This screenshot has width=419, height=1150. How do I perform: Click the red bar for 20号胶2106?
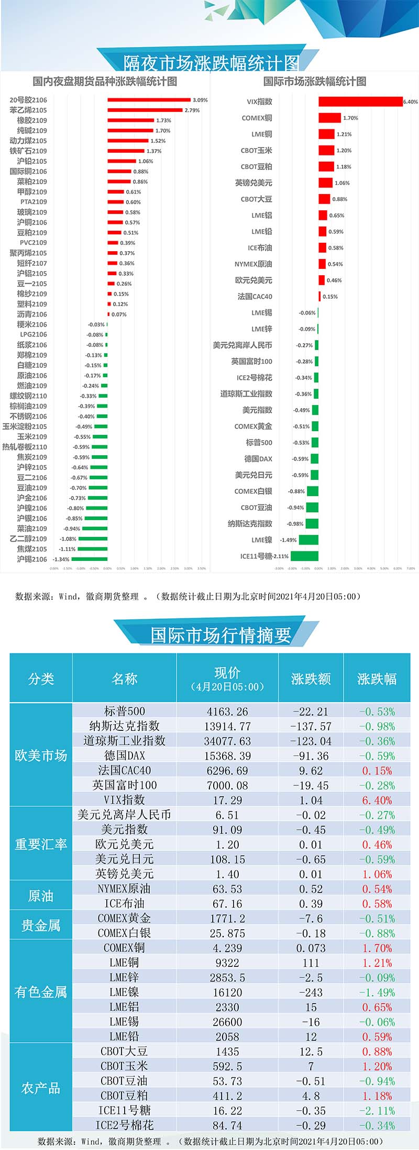pyautogui.click(x=149, y=100)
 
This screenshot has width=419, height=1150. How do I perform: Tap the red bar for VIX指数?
pyautogui.click(x=360, y=102)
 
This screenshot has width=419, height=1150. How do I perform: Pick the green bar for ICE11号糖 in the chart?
pyautogui.click(x=304, y=556)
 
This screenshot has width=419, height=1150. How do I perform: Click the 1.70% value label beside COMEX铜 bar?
pyautogui.click(x=350, y=118)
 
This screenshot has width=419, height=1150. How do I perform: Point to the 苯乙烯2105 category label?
pyautogui.click(x=28, y=110)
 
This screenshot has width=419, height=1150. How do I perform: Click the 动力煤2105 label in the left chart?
pyautogui.click(x=28, y=141)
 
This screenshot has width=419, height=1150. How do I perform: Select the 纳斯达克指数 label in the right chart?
pyautogui.click(x=250, y=524)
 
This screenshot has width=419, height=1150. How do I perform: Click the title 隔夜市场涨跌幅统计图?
pyautogui.click(x=211, y=63)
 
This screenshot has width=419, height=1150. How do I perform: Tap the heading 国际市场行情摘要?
pyautogui.click(x=220, y=635)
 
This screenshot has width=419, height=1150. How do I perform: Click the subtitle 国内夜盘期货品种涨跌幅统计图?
pyautogui.click(x=105, y=82)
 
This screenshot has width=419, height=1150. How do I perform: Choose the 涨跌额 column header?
pyautogui.click(x=311, y=679)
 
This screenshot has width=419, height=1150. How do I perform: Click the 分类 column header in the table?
pyautogui.click(x=41, y=679)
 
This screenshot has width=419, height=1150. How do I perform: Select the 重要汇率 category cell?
pyautogui.click(x=41, y=844)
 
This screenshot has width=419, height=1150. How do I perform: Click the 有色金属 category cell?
pyautogui.click(x=41, y=991)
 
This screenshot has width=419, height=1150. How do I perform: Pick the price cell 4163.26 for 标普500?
pyautogui.click(x=227, y=712)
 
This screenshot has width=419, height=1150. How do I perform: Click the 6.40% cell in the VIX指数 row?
pyautogui.click(x=377, y=800)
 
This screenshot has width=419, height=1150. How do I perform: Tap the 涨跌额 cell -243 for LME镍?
pyautogui.click(x=311, y=992)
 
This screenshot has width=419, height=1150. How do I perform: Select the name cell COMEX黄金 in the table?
pyautogui.click(x=124, y=918)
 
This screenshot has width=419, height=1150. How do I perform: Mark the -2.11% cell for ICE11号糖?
pyautogui.click(x=377, y=1110)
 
